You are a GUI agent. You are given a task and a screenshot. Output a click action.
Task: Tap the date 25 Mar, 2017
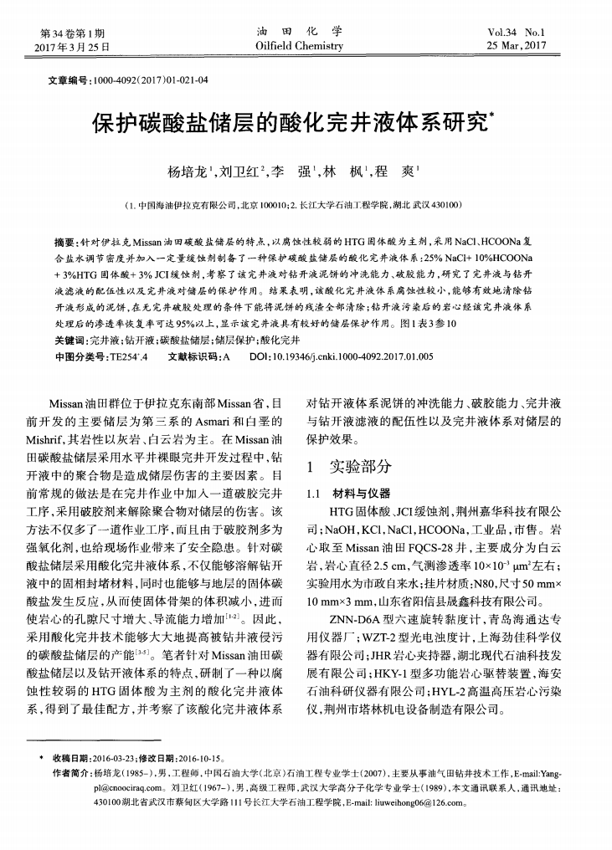click(527, 46)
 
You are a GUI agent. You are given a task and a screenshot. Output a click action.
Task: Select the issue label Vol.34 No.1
click(528, 33)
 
